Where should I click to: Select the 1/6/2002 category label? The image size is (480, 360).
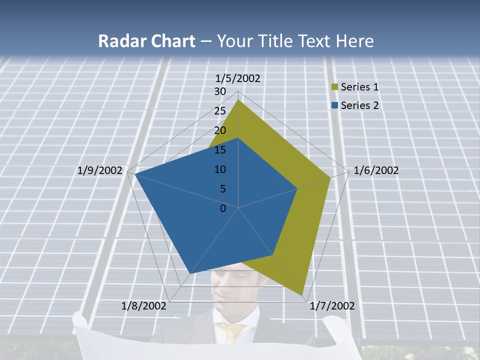pyautogui.click(x=376, y=170)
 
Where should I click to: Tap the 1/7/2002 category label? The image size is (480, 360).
pyautogui.click(x=332, y=306)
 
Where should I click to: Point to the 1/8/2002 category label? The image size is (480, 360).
pyautogui.click(x=144, y=306)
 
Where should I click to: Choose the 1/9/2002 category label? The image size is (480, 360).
pyautogui.click(x=100, y=170)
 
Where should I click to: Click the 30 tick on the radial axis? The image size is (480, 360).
pyautogui.click(x=220, y=91)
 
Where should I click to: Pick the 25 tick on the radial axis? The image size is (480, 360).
pyautogui.click(x=220, y=111)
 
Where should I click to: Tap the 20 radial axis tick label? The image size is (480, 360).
pyautogui.click(x=220, y=130)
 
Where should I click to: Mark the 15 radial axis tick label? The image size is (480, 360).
pyautogui.click(x=220, y=150)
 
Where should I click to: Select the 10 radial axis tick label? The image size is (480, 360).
pyautogui.click(x=220, y=169)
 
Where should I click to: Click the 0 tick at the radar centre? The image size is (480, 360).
pyautogui.click(x=223, y=208)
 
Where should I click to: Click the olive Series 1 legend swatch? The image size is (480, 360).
pyautogui.click(x=335, y=87)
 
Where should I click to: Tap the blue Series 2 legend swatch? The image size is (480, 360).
pyautogui.click(x=335, y=105)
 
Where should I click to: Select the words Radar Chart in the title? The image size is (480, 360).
pyautogui.click(x=146, y=41)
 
